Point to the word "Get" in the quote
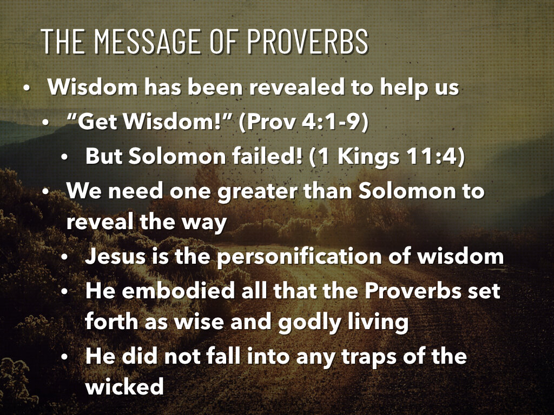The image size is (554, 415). pyautogui.click(x=98, y=122)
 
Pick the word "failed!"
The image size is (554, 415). pyautogui.click(x=266, y=157)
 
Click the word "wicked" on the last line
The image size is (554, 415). pyautogui.click(x=124, y=387)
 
